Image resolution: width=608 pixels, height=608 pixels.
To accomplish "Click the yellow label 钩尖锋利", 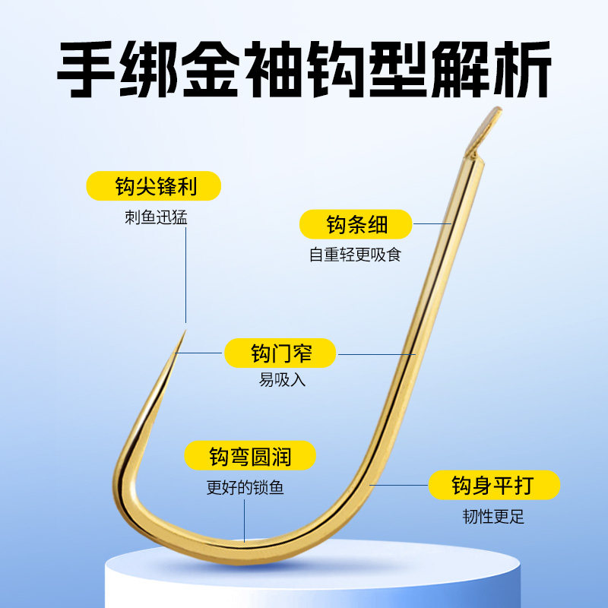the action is point(153,185).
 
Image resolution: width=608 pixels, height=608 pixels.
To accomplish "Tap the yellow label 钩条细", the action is point(356,224).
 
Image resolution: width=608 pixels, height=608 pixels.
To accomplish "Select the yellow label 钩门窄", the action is point(280,353).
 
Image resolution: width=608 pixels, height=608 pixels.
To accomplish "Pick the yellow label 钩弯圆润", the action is point(249,457).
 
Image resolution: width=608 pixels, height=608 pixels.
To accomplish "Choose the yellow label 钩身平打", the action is point(494,484).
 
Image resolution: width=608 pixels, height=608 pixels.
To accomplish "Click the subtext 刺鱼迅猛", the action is point(157,217).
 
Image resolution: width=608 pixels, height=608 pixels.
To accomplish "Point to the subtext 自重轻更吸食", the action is point(354,255).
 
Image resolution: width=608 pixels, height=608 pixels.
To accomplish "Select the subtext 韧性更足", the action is point(493,518).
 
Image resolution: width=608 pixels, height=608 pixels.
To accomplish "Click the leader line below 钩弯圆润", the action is point(245,521).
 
